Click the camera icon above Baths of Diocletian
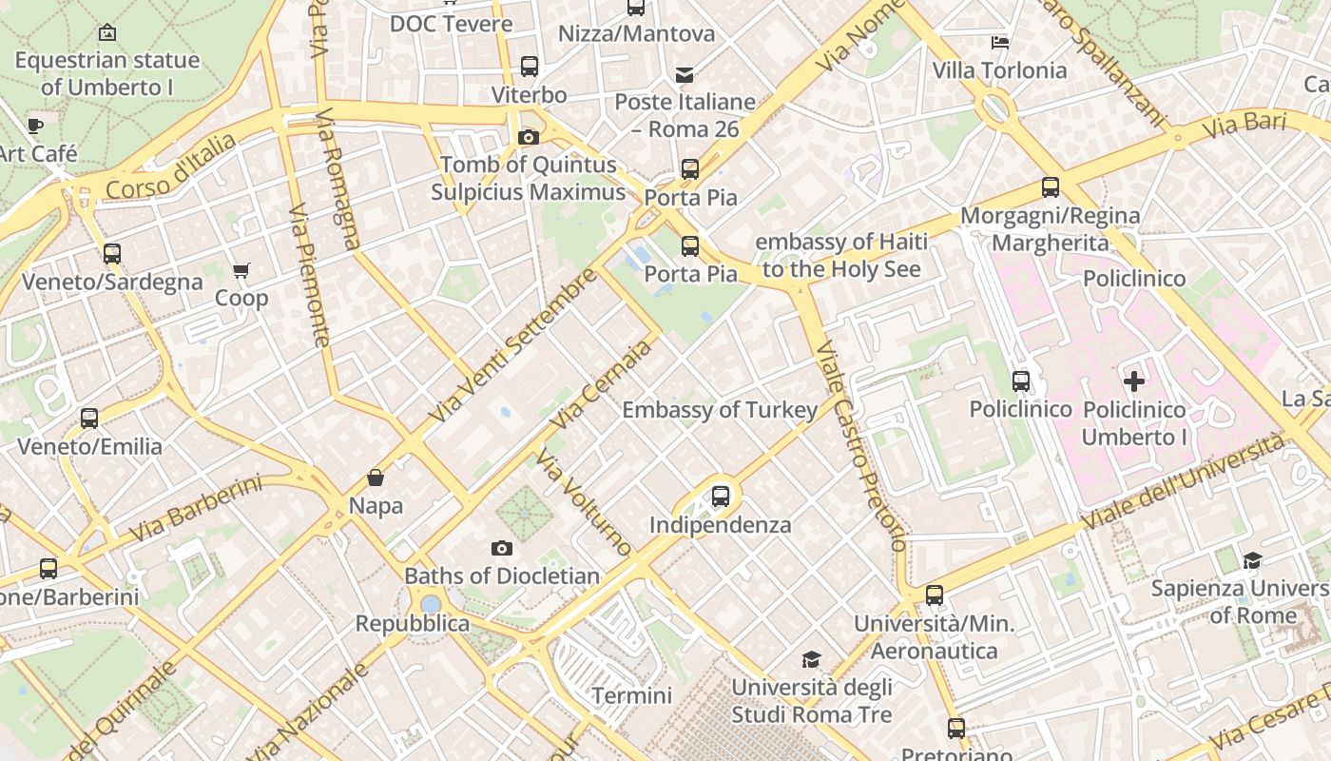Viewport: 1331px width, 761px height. click(x=501, y=548)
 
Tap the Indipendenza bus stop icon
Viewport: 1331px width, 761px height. click(x=721, y=496)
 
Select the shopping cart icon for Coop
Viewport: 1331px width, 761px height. click(x=241, y=271)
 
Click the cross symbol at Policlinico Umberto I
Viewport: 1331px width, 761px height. click(x=1133, y=381)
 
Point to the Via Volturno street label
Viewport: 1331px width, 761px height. click(x=583, y=501)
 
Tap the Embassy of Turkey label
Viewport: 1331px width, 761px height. click(x=720, y=410)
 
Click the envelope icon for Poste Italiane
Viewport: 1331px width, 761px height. click(x=685, y=75)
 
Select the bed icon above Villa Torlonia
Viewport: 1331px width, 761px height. click(x=999, y=42)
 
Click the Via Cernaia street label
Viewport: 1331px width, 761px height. click(x=605, y=382)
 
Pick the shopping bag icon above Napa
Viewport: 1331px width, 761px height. click(x=376, y=478)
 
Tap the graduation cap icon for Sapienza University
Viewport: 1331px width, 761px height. click(x=1252, y=560)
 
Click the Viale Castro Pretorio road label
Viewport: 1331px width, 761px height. click(x=859, y=445)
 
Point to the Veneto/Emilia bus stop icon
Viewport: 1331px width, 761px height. click(x=89, y=419)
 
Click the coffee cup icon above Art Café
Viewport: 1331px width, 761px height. click(x=35, y=126)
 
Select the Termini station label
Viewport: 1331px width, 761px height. click(x=631, y=695)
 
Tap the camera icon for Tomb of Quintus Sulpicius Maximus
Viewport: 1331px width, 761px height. click(x=528, y=137)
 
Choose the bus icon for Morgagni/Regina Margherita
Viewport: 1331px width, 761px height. click(x=1050, y=187)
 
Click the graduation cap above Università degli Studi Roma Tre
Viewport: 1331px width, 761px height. click(x=811, y=659)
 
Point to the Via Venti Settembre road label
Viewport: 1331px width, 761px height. click(x=513, y=345)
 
